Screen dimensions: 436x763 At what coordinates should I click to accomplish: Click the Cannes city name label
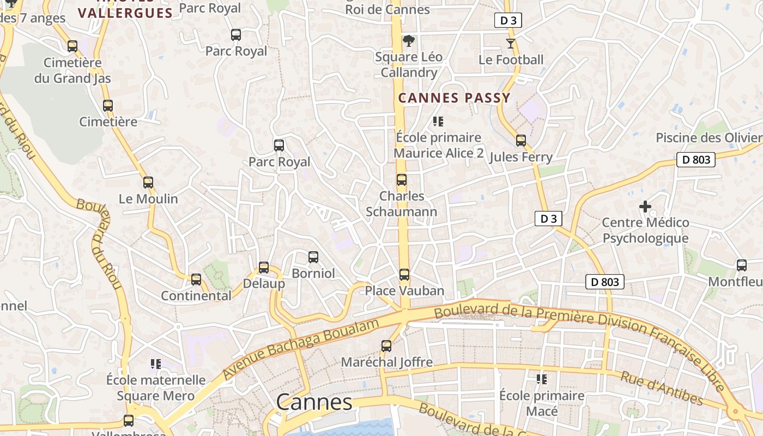(314, 402)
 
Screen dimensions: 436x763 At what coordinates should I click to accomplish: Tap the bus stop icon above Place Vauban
(404, 275)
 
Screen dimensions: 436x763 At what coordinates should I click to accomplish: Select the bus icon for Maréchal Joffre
(386, 346)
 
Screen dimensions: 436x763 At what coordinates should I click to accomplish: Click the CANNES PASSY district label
(454, 98)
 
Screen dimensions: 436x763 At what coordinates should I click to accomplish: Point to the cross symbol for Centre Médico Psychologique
(645, 207)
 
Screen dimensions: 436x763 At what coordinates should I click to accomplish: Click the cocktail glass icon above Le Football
(511, 44)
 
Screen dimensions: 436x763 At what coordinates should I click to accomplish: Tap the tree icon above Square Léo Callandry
(408, 40)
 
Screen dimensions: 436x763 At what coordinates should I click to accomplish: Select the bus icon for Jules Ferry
(521, 141)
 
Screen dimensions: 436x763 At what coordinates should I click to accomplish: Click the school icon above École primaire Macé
(541, 379)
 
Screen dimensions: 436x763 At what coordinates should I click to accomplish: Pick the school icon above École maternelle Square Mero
(156, 364)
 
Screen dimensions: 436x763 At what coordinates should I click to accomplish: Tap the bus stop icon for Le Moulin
(148, 183)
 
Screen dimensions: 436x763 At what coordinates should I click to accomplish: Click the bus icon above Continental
(196, 280)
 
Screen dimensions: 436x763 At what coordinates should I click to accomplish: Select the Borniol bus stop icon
(313, 257)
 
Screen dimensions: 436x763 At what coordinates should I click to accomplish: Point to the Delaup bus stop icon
(264, 268)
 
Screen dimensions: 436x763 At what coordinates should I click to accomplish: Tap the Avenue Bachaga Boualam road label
(300, 349)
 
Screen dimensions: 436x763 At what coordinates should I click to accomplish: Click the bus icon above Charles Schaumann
(402, 180)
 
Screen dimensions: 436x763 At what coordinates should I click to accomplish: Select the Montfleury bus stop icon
(742, 265)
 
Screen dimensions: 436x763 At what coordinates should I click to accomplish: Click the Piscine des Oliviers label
(708, 138)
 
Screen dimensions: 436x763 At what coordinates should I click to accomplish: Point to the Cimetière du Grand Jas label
(72, 70)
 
